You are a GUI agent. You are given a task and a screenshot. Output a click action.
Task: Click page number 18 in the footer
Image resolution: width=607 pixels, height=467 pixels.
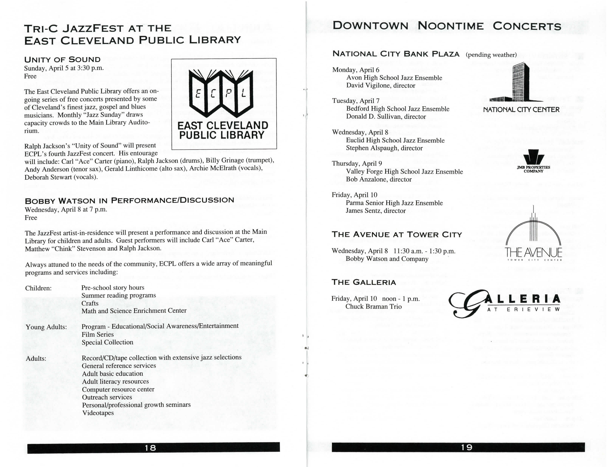(x=150, y=448)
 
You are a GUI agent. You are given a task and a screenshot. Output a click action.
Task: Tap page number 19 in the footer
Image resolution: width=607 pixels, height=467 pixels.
(x=467, y=447)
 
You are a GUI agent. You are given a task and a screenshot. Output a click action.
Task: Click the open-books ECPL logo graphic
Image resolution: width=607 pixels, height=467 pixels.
(x=221, y=93)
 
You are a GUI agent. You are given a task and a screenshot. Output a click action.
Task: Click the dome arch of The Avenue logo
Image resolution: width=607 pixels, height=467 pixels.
(x=533, y=231)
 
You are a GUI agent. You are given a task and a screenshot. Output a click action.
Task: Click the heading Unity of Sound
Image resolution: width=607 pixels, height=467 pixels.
(x=62, y=60)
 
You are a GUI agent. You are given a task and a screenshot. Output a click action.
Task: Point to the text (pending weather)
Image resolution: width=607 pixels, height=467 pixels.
(x=491, y=55)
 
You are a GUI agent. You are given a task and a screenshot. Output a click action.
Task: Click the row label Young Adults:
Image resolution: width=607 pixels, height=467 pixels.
(x=46, y=327)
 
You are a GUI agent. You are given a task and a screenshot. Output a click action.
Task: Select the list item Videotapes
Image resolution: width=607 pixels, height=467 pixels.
(x=98, y=413)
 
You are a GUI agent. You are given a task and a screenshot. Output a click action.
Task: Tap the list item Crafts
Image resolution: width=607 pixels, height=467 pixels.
(x=90, y=303)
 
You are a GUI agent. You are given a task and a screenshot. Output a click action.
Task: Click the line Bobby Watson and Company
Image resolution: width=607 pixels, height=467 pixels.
(x=387, y=259)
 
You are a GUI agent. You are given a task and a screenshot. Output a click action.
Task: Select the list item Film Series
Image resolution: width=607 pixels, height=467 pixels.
(x=97, y=334)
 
